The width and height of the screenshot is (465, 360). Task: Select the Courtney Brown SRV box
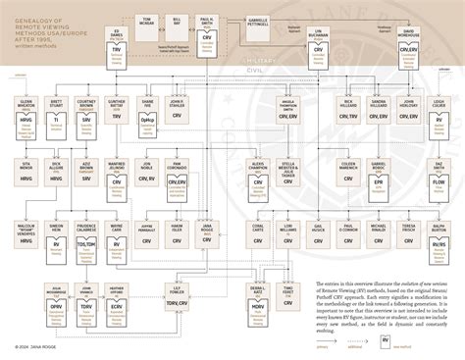click(87, 114)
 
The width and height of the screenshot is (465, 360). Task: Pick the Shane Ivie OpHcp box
click(147, 114)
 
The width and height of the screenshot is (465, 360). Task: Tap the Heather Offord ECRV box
click(116, 299)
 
